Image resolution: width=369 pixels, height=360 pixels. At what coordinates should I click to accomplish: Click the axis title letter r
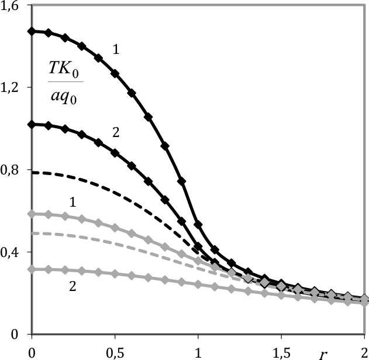pyautogui.click(x=322, y=352)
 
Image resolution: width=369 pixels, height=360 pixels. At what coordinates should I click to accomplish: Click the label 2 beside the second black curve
pyautogui.click(x=116, y=133)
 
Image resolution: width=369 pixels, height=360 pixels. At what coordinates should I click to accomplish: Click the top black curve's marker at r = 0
pyautogui.click(x=32, y=30)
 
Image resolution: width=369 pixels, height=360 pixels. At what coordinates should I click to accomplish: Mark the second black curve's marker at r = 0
pyautogui.click(x=32, y=124)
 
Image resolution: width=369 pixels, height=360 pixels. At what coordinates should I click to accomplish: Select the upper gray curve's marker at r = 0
pyautogui.click(x=32, y=214)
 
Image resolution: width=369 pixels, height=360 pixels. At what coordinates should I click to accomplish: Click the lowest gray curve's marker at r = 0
pyautogui.click(x=32, y=269)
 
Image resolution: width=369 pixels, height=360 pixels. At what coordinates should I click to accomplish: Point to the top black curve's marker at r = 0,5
pyautogui.click(x=115, y=73)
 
